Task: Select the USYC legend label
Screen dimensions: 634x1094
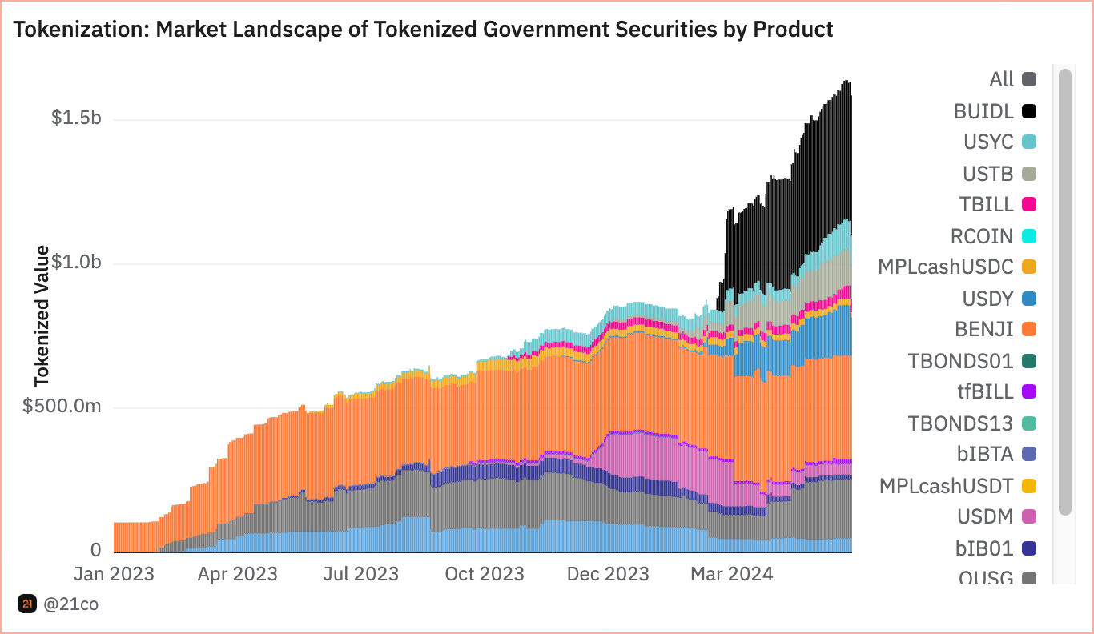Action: [x=988, y=142]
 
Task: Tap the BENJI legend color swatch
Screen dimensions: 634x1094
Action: [x=1029, y=330]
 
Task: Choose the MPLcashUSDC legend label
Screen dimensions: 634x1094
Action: [x=946, y=267]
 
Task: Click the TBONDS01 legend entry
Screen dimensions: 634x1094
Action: [x=961, y=361]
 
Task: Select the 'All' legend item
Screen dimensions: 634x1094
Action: [x=1002, y=80]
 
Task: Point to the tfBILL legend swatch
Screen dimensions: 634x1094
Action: [x=1029, y=392]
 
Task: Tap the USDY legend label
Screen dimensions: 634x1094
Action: [x=988, y=299]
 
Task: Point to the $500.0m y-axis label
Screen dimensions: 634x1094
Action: [x=62, y=406]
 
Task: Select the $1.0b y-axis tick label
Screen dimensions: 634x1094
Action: [x=76, y=262]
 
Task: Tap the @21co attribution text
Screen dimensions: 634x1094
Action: [x=71, y=604]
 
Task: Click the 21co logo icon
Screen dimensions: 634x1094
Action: [x=27, y=604]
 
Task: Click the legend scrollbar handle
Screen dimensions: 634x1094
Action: [x=1064, y=292]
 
